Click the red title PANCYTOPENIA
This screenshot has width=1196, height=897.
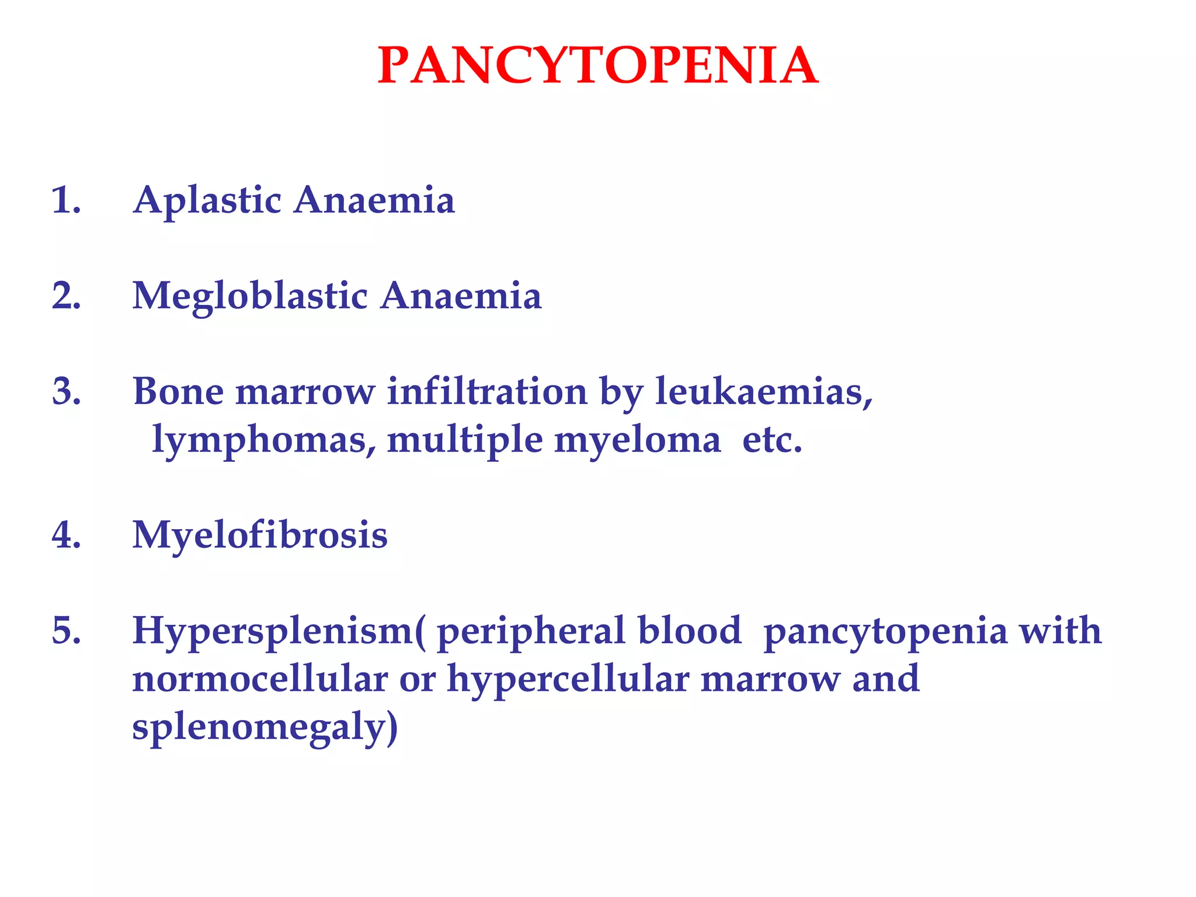(x=597, y=66)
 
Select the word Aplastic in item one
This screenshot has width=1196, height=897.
(x=207, y=201)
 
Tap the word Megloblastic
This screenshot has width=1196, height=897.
(x=250, y=297)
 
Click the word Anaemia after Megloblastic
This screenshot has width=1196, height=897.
(x=461, y=295)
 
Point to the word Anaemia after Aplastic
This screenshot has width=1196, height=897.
(x=374, y=200)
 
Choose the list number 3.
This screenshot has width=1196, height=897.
(x=66, y=391)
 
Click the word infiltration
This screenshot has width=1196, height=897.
(x=487, y=391)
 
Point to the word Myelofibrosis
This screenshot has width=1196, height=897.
(x=260, y=536)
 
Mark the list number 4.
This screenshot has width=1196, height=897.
(x=66, y=536)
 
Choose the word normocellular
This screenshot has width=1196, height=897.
(x=260, y=680)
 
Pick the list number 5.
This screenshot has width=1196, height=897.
(x=66, y=631)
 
